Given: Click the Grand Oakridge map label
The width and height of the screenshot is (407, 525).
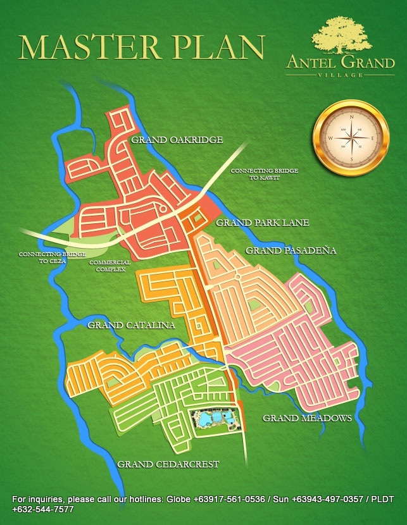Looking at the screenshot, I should coord(177,140).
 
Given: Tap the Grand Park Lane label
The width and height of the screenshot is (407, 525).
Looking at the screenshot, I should coord(262,223).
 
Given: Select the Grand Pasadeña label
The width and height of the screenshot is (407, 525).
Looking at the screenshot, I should coord(291,250).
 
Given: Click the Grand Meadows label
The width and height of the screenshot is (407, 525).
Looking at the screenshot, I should coord(307,418).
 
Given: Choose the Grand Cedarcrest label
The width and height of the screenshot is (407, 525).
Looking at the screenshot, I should coord(168,464).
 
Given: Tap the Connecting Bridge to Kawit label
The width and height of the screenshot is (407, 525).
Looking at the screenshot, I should coord(264,174).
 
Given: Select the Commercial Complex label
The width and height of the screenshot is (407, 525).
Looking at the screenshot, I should coord(110,266).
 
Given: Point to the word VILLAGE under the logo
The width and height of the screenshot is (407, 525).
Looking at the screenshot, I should coord(340,75).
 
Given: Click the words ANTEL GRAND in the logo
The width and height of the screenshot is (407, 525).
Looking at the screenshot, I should coord(340,63).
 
